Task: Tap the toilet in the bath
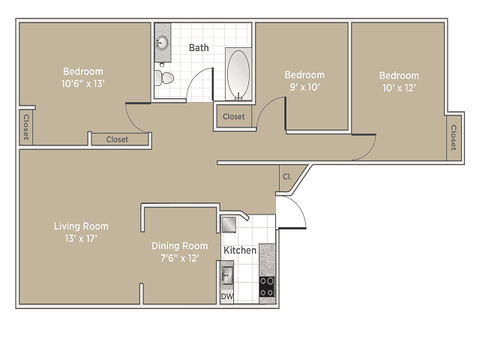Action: click(x=166, y=76)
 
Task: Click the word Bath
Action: click(x=199, y=48)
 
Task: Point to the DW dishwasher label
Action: click(x=226, y=297)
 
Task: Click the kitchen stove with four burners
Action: click(x=267, y=286)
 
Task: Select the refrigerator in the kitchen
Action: click(x=229, y=224)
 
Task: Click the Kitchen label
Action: click(x=240, y=250)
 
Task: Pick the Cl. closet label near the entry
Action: click(x=287, y=177)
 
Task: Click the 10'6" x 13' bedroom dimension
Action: click(x=82, y=84)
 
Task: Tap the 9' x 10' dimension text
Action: click(x=304, y=87)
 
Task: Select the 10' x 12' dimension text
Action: click(x=398, y=88)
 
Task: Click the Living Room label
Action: click(x=81, y=226)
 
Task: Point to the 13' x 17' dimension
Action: click(x=81, y=238)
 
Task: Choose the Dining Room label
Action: click(x=179, y=245)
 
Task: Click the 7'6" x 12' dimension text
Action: click(x=179, y=258)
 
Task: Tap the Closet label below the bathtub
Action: click(x=233, y=117)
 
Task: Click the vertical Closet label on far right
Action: click(x=453, y=136)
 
